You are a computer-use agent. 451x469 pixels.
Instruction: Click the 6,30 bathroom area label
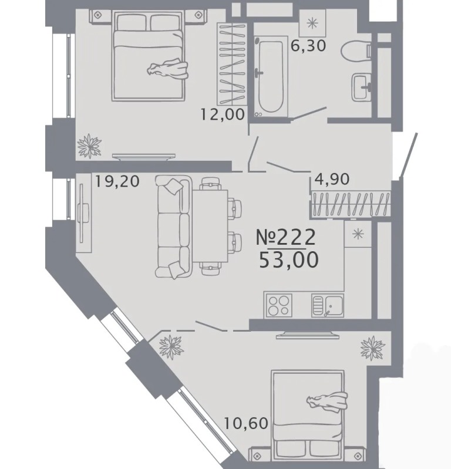[308, 46]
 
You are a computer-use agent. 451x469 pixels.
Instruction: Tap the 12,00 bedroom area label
[223, 114]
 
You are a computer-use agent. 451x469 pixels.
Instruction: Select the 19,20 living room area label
[117, 181]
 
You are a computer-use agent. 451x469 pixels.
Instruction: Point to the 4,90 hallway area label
[332, 180]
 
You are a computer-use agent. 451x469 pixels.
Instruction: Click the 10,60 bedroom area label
[246, 424]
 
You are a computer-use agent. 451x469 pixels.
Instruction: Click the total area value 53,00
[288, 259]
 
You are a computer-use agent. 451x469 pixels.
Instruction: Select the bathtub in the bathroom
[271, 77]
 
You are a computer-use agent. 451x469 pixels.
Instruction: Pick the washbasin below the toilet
[362, 87]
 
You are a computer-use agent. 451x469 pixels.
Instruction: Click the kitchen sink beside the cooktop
[328, 305]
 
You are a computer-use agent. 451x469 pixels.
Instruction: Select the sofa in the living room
[173, 227]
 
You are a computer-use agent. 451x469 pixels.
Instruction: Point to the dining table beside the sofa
[210, 225]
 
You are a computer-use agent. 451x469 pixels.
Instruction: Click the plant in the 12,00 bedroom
[89, 146]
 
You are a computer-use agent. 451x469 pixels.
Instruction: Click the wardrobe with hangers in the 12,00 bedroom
[232, 65]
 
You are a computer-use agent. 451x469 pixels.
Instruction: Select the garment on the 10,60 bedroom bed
[328, 401]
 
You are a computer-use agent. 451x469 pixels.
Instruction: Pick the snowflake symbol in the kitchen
[358, 234]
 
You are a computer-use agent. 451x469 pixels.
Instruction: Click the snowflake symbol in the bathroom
[312, 23]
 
